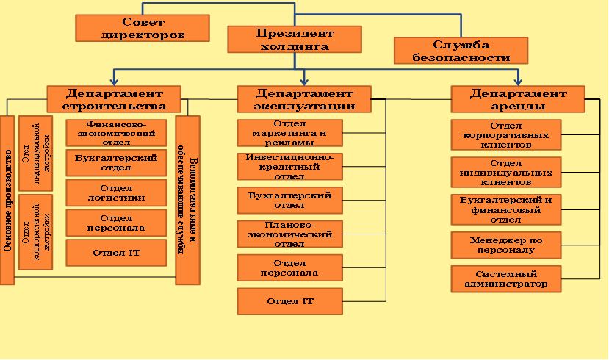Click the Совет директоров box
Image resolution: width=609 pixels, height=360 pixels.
coord(143,28)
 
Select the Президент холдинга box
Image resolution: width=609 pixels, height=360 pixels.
coord(295,39)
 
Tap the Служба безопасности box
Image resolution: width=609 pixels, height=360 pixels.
coord(461,51)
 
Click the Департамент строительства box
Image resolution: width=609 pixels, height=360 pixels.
coord(114,99)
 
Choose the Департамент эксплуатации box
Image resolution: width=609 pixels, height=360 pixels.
coord(304,99)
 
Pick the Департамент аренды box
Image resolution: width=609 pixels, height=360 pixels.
coord(518,99)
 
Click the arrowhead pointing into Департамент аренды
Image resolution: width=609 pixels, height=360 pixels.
coord(518,82)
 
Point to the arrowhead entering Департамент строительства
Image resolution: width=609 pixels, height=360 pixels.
coord(114,82)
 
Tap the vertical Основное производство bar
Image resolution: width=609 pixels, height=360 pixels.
coord(7,201)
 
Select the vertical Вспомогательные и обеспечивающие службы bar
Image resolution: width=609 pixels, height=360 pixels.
coord(187,201)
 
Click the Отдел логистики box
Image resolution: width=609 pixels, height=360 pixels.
coord(116,193)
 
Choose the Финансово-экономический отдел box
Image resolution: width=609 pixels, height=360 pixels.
coord(116,133)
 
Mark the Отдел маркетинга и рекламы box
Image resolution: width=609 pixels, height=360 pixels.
coord(289,133)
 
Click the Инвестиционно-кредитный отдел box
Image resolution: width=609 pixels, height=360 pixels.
coord(289,167)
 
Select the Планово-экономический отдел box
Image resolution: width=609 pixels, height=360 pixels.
coord(289,234)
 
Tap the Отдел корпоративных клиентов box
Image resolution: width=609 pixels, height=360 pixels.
coord(506,134)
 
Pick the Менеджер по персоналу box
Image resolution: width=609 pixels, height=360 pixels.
coord(506,245)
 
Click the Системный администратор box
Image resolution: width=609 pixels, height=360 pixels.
coord(506,279)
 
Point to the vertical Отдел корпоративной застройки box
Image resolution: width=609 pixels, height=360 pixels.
coord(36,232)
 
